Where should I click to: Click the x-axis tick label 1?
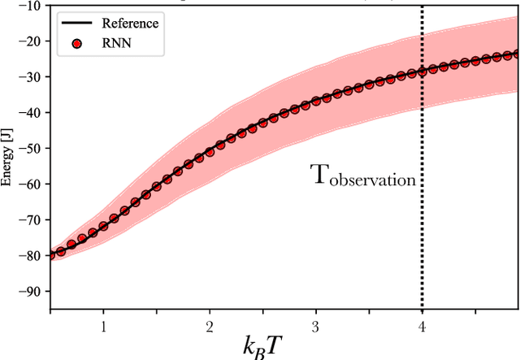(103, 326)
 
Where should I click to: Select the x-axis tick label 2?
(210, 326)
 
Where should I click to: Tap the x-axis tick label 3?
(316, 326)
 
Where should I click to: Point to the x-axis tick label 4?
(422, 326)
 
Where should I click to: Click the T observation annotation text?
(363, 176)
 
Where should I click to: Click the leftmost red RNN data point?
(50, 254)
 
